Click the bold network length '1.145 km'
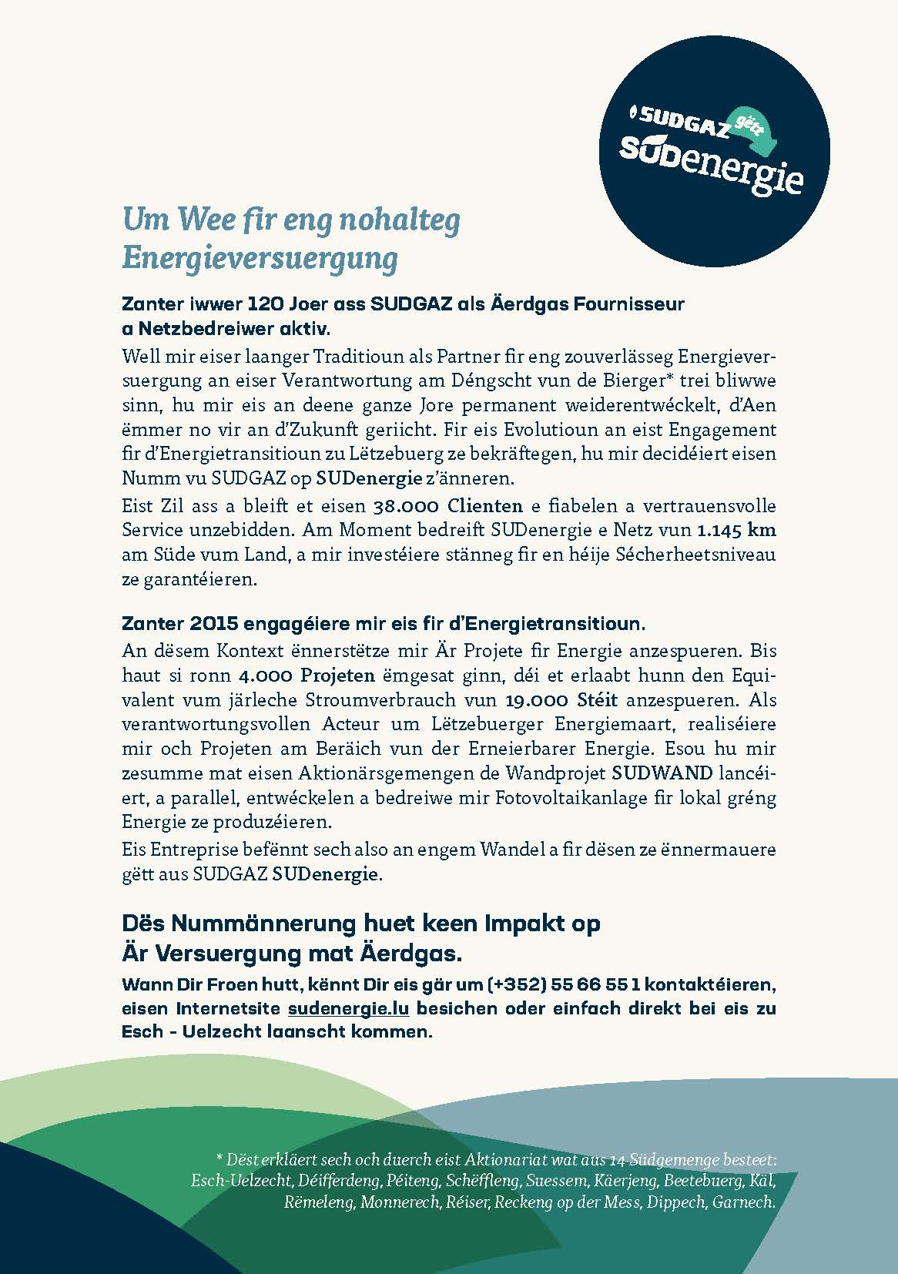pos(736,531)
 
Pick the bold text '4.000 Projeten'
pos(307,676)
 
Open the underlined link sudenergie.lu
pos(348,1008)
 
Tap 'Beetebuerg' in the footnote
pos(702,1180)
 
